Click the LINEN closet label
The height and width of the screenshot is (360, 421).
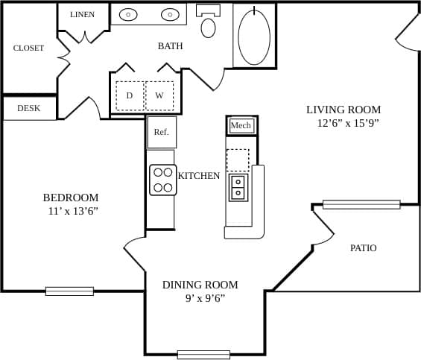coord(82,15)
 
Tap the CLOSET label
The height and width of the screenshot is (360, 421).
coord(28,48)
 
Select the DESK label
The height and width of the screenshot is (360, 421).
coord(28,108)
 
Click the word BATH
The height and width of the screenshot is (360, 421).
coord(170,46)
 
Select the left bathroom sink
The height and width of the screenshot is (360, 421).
coord(128,14)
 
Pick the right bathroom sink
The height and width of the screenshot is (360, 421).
coord(171,14)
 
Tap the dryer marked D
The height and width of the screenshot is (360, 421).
coord(130,95)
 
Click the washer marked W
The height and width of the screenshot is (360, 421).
coord(159,95)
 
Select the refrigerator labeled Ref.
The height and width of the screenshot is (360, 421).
coord(162,132)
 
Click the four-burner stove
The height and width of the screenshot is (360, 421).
coord(162,180)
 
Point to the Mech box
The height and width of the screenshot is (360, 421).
coord(241,125)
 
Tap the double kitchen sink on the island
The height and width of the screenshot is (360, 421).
coord(238,187)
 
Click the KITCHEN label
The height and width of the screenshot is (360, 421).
coord(199,176)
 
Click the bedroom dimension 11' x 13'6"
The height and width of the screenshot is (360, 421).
coord(73,211)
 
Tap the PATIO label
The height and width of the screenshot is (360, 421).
coord(363,248)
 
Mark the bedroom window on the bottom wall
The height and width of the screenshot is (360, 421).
coord(69,291)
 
